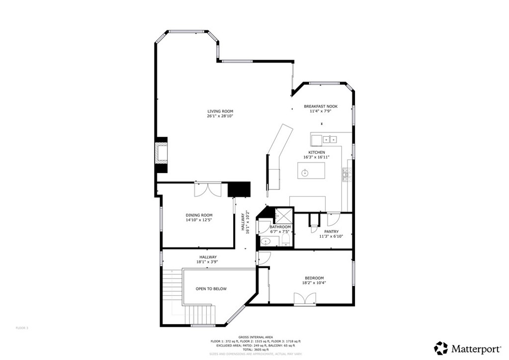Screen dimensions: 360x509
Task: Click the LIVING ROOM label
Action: pyautogui.click(x=220, y=111)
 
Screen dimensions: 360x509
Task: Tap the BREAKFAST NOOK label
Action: pyautogui.click(x=321, y=106)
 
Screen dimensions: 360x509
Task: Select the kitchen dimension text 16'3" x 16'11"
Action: pyautogui.click(x=317, y=157)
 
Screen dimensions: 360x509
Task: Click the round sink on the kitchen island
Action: pyautogui.click(x=305, y=173)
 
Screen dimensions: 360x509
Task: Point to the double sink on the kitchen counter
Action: pyautogui.click(x=329, y=139)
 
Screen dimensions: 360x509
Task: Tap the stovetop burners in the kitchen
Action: pyautogui.click(x=346, y=174)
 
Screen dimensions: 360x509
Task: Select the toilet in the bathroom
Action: pyautogui.click(x=285, y=241)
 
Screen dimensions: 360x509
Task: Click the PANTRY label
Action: pyautogui.click(x=331, y=232)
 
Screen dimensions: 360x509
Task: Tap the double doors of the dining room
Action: pyautogui.click(x=208, y=191)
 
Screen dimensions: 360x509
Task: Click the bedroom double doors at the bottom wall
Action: pyautogui.click(x=305, y=298)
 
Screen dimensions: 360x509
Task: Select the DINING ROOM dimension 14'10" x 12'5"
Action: pyautogui.click(x=199, y=220)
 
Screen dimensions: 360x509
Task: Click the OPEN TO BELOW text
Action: pyautogui.click(x=211, y=288)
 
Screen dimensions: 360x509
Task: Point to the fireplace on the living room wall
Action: pyautogui.click(x=161, y=153)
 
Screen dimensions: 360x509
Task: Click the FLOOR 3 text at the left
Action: pyautogui.click(x=22, y=328)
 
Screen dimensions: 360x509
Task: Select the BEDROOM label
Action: pyautogui.click(x=314, y=278)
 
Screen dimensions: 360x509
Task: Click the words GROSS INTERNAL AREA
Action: pyautogui.click(x=254, y=337)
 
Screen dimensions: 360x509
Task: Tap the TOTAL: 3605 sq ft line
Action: pyautogui.click(x=254, y=350)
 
